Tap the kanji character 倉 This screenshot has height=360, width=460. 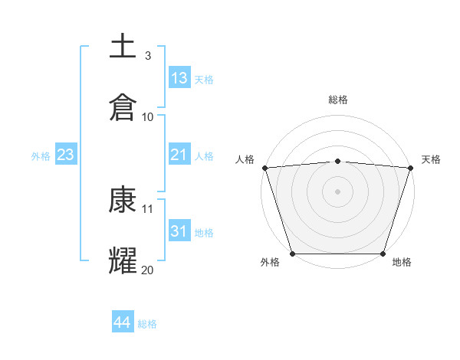tap(123, 106)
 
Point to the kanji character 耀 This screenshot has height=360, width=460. tap(123, 260)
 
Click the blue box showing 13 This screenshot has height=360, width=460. tap(179, 77)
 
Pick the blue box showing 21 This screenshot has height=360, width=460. tap(179, 155)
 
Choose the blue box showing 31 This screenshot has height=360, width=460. tap(179, 231)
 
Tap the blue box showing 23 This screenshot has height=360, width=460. tap(66, 155)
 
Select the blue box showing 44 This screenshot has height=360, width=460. tap(122, 322)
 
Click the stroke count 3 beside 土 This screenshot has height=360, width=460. tap(147, 56)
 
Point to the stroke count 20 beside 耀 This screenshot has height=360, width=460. tap(147, 270)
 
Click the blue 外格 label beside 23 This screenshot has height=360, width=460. tap(41, 155)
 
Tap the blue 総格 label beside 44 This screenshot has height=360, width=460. tap(147, 323)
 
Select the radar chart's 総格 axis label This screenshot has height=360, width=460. tap(337, 100)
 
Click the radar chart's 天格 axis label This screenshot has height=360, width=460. tap(431, 159)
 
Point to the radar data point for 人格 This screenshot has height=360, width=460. tap(264, 167)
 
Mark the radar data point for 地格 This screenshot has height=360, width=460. tap(383, 254)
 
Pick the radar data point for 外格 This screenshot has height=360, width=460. tap(292, 254)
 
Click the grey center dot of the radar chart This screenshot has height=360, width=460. tap(337, 191)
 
